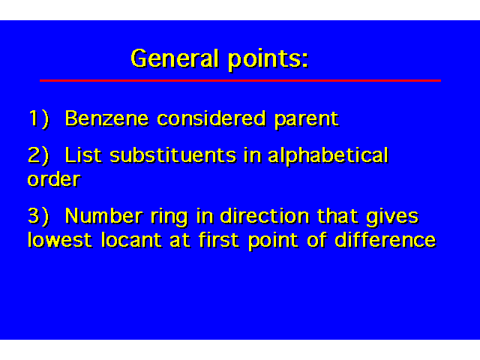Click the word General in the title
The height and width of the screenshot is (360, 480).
coord(175,58)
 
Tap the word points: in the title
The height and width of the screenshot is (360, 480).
coord(268,60)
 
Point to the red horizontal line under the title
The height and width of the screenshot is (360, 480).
coord(240,80)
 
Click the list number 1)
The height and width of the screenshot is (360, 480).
coord(39,118)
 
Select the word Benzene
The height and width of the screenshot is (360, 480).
coord(106,118)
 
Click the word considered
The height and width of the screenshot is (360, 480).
coord(211,118)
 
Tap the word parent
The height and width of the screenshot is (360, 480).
coord(307,120)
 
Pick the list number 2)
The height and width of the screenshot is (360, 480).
coord(38,155)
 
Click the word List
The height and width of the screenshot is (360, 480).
coord(83,154)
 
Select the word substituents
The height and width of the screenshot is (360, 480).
coord(173,155)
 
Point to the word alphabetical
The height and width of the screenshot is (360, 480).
coord(328,156)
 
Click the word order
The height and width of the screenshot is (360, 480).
coord(54,178)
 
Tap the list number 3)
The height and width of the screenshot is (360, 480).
coord(38,216)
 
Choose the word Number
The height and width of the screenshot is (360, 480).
coord(103,216)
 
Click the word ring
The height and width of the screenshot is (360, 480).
coord(169,217)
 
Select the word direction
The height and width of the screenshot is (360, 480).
coord(265,215)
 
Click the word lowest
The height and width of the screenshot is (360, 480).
coord(60,240)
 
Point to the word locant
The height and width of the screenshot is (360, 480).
coord(131,240)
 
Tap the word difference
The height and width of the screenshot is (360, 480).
coord(385,239)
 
